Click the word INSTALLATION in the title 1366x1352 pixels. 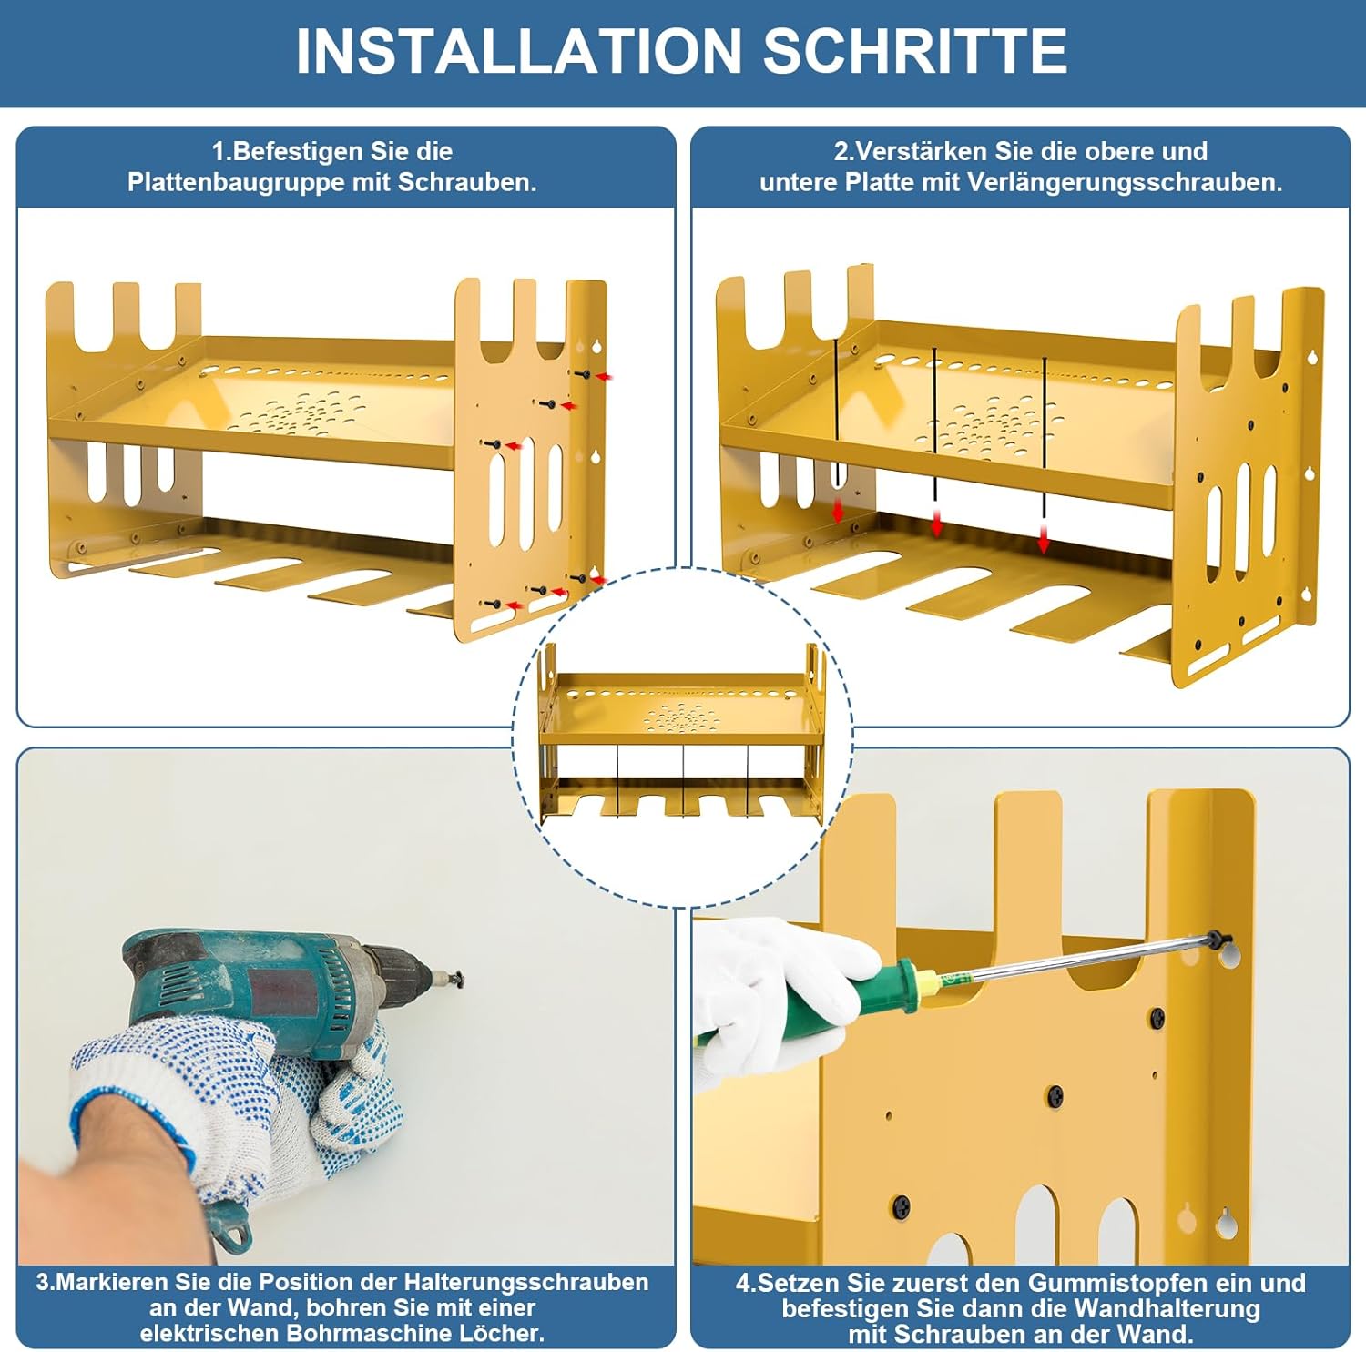(519, 51)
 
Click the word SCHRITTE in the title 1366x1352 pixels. (915, 51)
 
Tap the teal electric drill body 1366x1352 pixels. (255, 988)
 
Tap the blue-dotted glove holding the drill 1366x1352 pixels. (237, 1106)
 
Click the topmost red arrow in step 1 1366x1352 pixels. (604, 375)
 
